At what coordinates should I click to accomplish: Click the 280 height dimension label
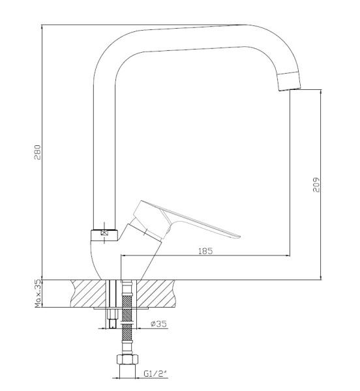[x=38, y=152]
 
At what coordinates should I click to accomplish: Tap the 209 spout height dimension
[x=316, y=185]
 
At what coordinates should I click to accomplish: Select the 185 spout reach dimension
[x=205, y=251]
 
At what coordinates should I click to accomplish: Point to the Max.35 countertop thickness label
[x=38, y=294]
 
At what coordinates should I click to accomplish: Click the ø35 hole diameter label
[x=158, y=324]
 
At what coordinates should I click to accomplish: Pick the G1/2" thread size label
[x=155, y=374]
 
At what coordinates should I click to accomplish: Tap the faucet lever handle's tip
[x=239, y=236]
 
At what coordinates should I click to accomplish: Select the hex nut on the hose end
[x=127, y=360]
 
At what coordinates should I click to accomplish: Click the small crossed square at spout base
[x=104, y=233]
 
